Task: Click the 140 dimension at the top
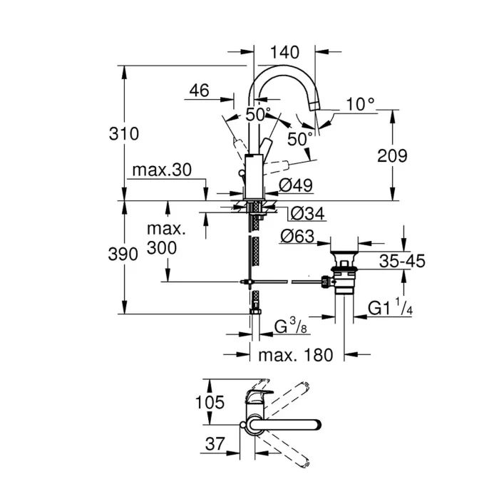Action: coord(284,52)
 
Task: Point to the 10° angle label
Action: coord(360,104)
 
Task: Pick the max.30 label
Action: coord(162,172)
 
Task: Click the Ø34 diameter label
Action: coord(308,212)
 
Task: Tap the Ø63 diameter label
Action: coord(297,237)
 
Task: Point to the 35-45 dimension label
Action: coord(402,262)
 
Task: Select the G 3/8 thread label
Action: coord(292,327)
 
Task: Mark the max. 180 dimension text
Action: coord(296,355)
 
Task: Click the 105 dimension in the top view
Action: coord(211,403)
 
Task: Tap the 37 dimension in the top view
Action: coord(211,444)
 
